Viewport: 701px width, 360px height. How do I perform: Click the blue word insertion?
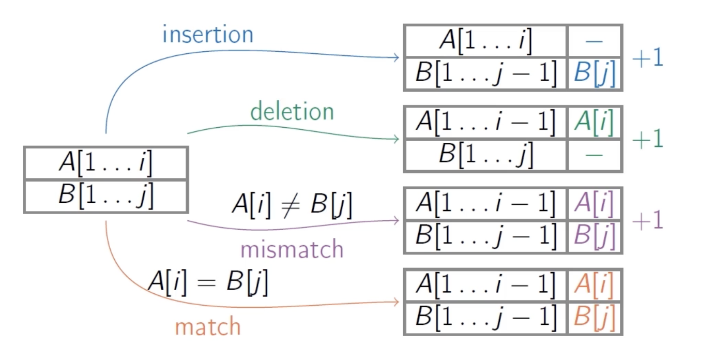tap(208, 35)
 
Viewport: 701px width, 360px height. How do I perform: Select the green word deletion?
tap(292, 112)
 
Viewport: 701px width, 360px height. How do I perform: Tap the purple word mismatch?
tap(292, 249)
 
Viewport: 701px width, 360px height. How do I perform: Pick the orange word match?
tap(208, 327)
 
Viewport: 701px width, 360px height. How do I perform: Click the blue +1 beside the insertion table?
tap(647, 58)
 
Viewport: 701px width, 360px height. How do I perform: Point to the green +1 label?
tap(647, 139)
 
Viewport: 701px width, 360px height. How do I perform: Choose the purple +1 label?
tap(647, 221)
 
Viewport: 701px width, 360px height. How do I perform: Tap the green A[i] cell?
tap(595, 123)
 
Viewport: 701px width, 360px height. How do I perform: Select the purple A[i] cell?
tap(595, 204)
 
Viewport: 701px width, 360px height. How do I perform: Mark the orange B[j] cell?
tap(595, 318)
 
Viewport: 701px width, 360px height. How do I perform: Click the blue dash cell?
tap(595, 41)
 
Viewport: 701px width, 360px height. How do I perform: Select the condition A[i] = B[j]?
tap(208, 282)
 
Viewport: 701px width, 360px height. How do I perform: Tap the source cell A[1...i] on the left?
tap(105, 163)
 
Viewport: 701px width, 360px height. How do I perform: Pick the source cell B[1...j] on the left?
tap(105, 196)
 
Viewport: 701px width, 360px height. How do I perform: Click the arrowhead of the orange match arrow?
tap(397, 302)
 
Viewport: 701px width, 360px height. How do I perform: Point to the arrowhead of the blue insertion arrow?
tap(397, 57)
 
